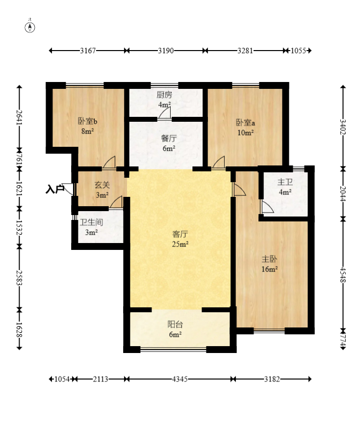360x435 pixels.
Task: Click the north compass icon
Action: pos(30,27)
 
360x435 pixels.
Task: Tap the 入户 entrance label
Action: pos(55,189)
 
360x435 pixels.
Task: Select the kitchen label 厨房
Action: pos(164,95)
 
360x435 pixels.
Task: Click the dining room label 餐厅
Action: pos(169,138)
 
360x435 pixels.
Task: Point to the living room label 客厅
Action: pos(180,234)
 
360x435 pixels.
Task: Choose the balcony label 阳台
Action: pos(175,324)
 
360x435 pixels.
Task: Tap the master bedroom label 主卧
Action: pos(269,259)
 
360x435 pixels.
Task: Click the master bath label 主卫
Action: pos(285,182)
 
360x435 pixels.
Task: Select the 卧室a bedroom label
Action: pos(246,122)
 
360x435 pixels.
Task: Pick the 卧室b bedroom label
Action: pos(88,121)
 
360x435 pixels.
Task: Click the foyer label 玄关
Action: pos(103,185)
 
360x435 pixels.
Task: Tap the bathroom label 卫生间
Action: pos(91,222)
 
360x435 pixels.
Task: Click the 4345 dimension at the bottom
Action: pos(180,379)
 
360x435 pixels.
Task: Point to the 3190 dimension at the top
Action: pos(166,51)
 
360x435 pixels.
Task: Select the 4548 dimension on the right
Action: pos(343,274)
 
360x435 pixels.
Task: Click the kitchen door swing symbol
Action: pos(165,113)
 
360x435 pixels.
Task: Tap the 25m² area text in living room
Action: pos(180,244)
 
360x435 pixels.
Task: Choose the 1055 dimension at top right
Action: pos(299,51)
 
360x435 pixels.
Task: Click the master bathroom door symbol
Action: pos(267,207)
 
